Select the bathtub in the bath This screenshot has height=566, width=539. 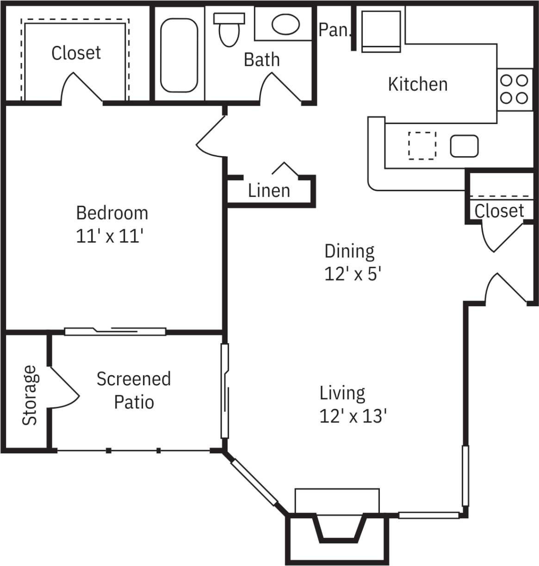179,55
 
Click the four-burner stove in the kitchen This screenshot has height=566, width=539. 514,89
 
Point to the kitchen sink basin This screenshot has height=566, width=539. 464,146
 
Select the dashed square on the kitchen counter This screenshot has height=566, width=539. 422,146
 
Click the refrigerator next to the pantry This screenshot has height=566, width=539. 381,31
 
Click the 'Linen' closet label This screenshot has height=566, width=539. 269,190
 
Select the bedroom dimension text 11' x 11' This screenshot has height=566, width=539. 109,237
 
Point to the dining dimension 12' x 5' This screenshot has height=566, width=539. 353,274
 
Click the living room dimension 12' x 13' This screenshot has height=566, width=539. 353,416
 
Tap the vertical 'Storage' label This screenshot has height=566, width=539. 30,395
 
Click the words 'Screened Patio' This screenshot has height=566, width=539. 134,390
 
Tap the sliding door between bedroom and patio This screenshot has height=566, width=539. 115,331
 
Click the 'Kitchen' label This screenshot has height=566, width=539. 417,84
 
